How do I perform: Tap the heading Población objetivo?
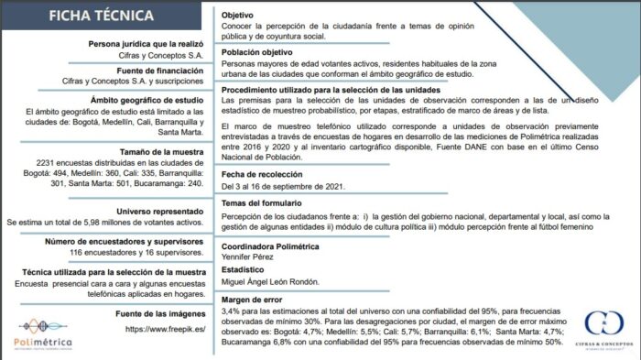[x=265, y=52]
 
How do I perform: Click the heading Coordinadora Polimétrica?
[x=277, y=245]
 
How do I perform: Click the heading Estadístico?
[x=246, y=270]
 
